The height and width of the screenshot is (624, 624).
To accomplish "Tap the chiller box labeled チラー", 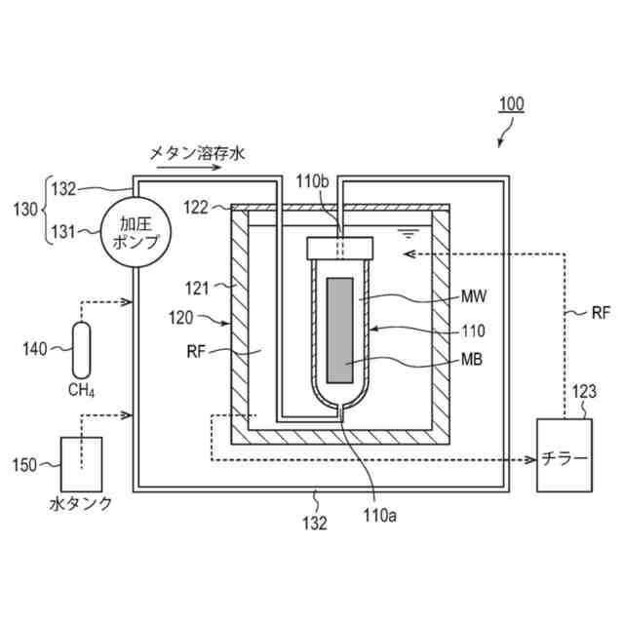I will point(565,456).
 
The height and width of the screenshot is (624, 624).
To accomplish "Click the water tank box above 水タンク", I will point(82,464).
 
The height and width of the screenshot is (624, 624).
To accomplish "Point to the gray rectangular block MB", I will point(341,330).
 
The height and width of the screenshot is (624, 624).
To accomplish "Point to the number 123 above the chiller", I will point(584,392).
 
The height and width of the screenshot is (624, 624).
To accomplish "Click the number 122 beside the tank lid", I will point(196,206).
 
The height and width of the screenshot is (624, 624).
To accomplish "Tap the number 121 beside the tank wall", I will point(195,287).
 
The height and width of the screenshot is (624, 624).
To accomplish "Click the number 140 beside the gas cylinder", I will point(35,346).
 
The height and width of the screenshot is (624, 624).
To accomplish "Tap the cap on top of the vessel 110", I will point(340,248).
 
